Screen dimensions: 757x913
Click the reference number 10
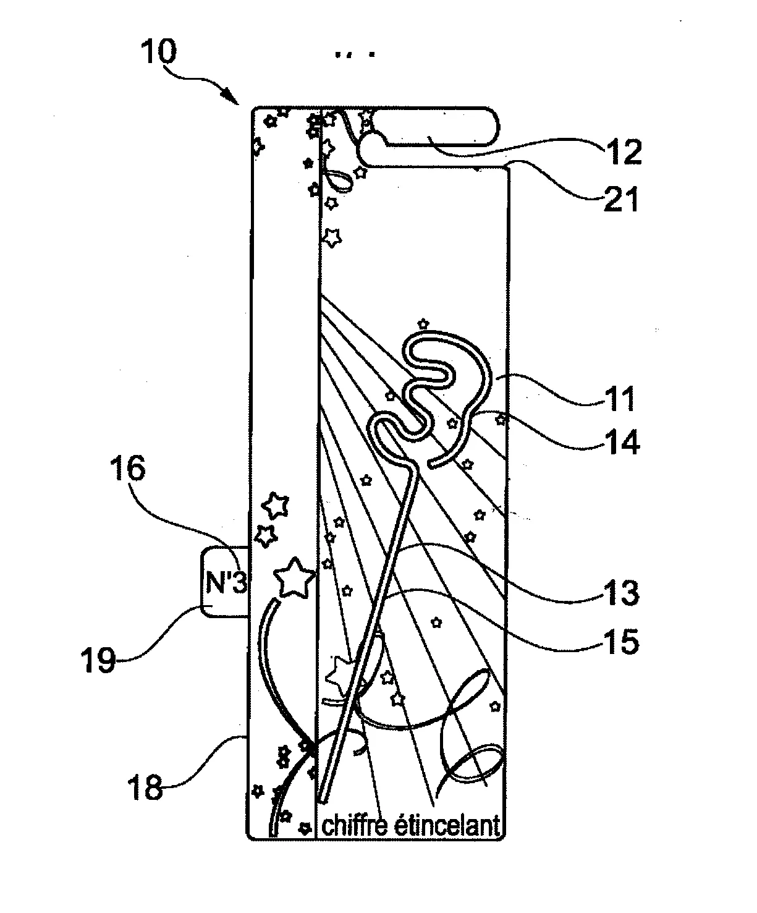159,51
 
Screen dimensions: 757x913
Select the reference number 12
624,151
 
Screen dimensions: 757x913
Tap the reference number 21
622,199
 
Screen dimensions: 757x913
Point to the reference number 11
619,399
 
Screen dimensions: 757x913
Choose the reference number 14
622,442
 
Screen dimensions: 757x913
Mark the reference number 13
621,593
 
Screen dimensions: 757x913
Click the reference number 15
621,642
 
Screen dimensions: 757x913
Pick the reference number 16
127,469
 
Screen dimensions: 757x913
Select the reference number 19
98,660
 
